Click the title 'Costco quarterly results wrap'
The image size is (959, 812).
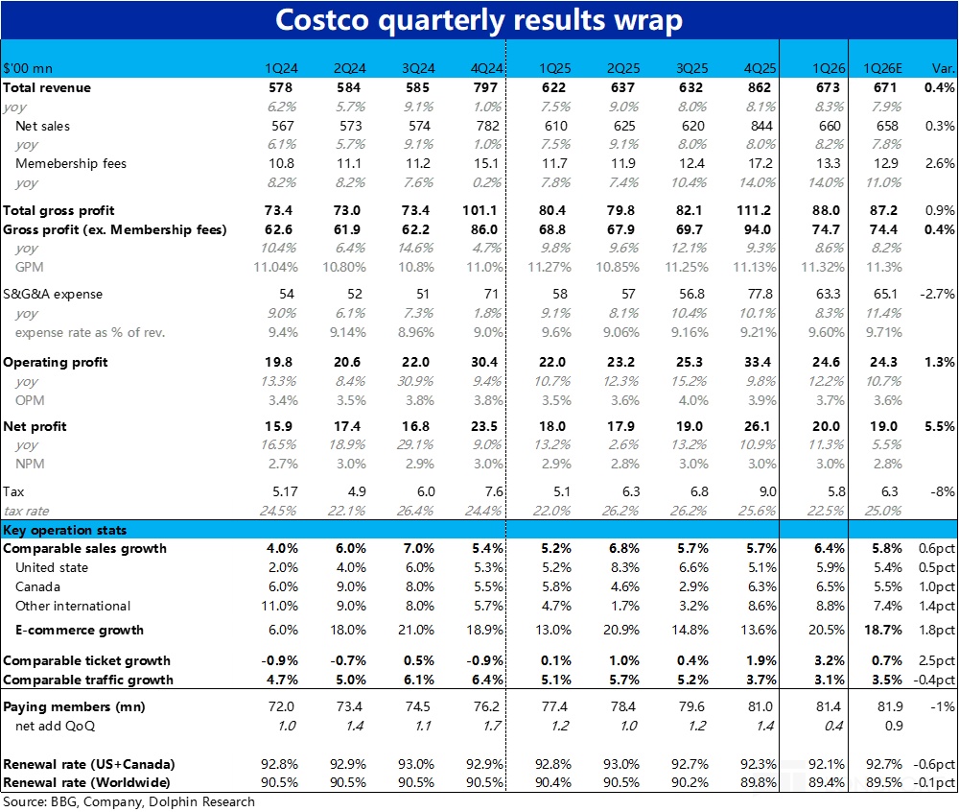(479, 20)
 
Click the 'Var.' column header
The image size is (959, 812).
(942, 68)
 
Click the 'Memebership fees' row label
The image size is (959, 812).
(71, 163)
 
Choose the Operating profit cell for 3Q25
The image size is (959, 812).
(694, 362)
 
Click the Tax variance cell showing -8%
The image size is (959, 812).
(942, 490)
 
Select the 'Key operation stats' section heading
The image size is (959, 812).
(65, 530)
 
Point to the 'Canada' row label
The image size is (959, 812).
(37, 586)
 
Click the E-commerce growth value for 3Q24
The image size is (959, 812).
(418, 630)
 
